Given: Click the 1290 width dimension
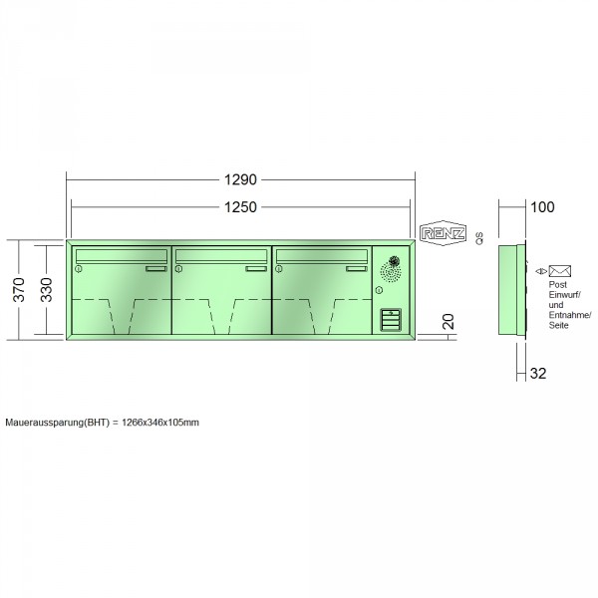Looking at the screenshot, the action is click(240, 179).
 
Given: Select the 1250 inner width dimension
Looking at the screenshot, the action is click(240, 207).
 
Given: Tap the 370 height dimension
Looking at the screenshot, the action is click(19, 290).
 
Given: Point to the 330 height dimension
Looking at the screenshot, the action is click(46, 290).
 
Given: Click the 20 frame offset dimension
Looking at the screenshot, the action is click(448, 322).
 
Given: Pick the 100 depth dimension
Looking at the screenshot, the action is click(542, 207).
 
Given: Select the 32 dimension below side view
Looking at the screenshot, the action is click(538, 374).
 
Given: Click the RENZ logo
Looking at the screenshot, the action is click(443, 233).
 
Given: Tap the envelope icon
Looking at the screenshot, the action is click(559, 271).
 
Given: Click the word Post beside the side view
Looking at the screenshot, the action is click(557, 284).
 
